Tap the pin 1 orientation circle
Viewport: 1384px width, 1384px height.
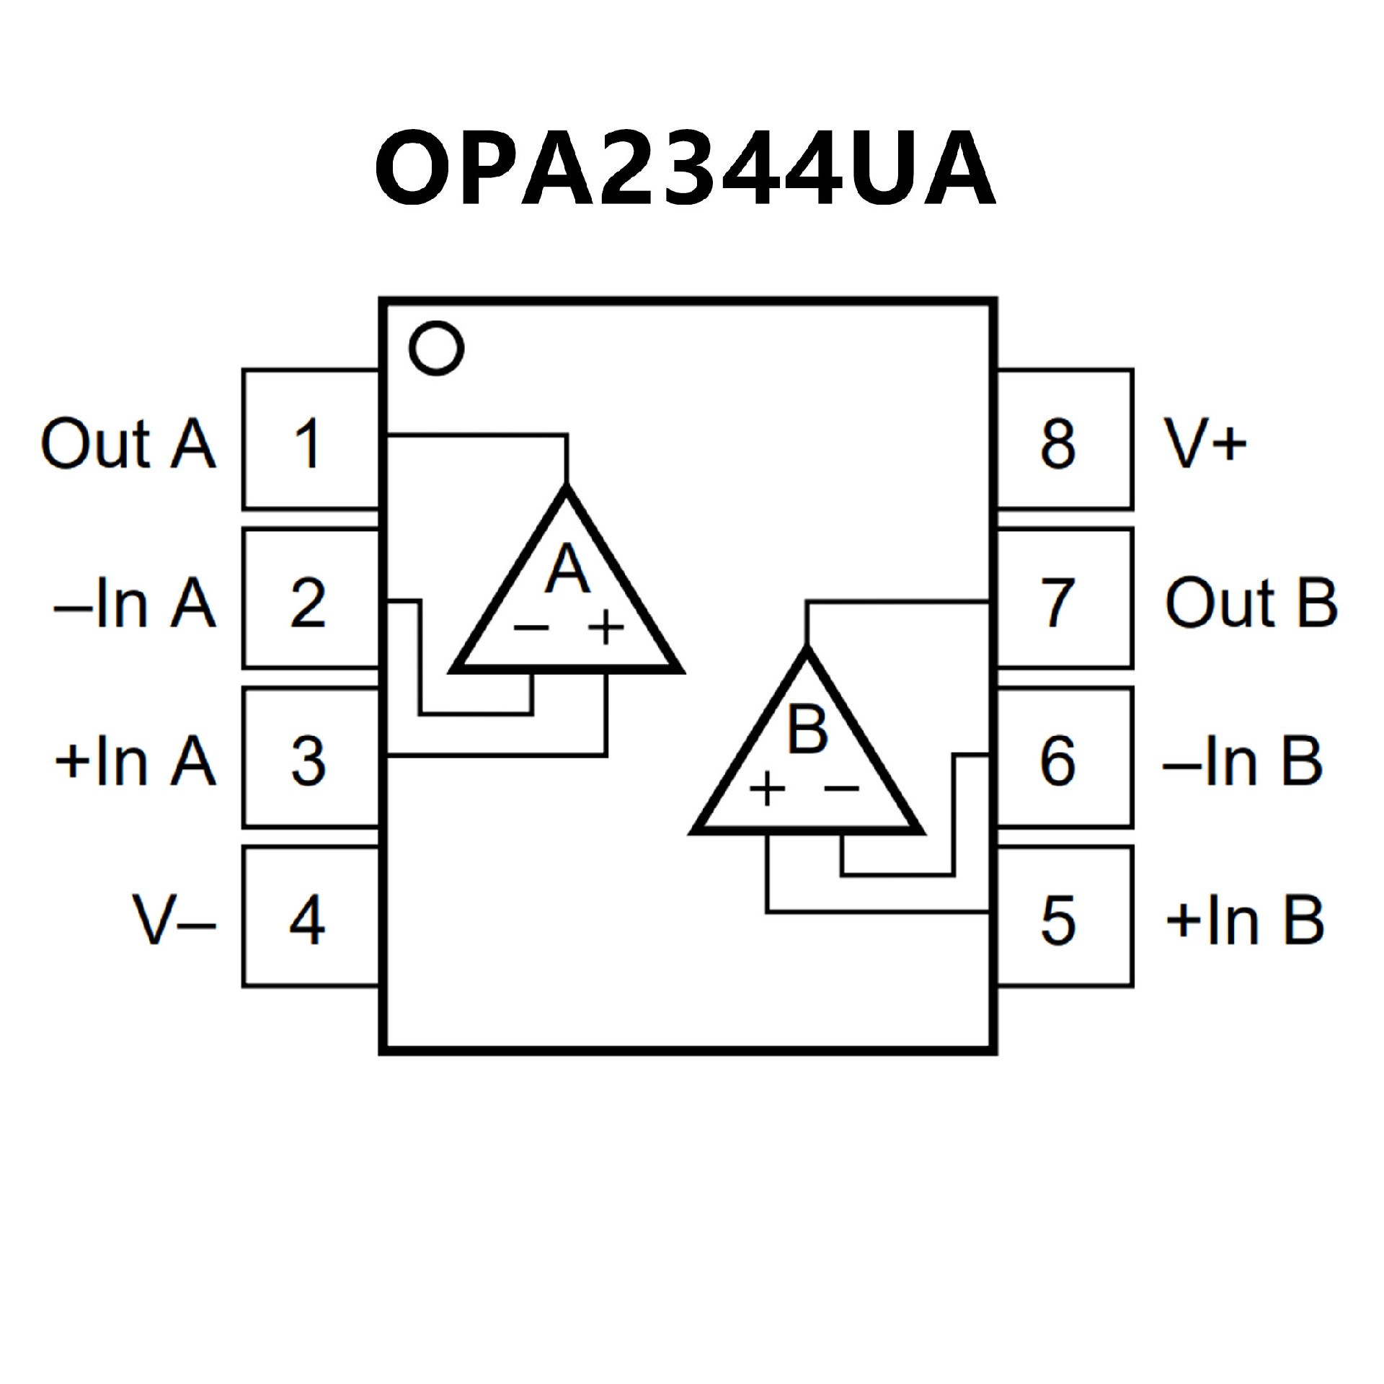[435, 348]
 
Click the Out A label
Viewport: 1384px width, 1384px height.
[128, 443]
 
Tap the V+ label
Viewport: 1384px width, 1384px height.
[1205, 443]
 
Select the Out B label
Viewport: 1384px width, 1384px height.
[1251, 602]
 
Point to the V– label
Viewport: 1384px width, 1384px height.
[174, 921]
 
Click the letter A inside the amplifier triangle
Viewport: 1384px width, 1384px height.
[567, 569]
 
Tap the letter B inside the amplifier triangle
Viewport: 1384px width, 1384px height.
[807, 729]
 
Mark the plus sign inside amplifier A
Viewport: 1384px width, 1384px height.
[606, 626]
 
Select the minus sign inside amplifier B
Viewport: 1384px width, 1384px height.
[841, 788]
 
